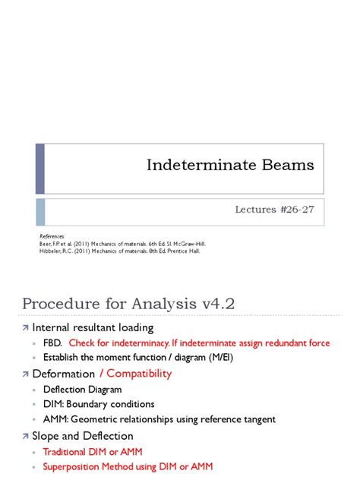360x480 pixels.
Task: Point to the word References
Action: tap(52, 236)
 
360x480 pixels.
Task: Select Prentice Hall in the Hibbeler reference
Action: tap(183, 251)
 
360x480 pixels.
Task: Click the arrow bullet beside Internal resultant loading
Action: tap(24, 327)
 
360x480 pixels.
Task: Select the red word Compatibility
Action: tap(138, 374)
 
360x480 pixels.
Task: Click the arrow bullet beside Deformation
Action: tap(24, 374)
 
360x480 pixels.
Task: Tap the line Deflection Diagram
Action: tap(81, 390)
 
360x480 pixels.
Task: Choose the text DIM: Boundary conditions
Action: tap(99, 405)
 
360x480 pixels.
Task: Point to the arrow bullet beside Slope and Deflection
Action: tap(24, 436)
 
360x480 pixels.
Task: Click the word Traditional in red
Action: tap(69, 451)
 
